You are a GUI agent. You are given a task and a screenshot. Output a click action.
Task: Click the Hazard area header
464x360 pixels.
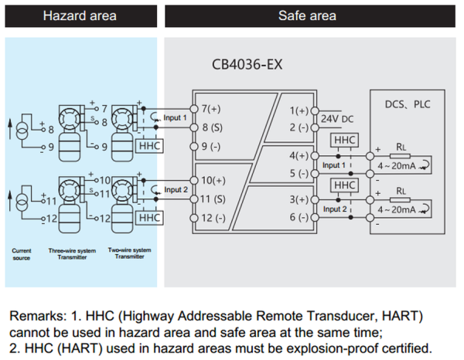point(80,15)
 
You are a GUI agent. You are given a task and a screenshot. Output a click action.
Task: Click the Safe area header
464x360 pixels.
point(307,15)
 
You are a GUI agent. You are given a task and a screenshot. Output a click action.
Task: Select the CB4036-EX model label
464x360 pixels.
point(247,64)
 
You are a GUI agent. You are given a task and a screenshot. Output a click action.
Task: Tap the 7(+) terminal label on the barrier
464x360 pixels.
point(211,109)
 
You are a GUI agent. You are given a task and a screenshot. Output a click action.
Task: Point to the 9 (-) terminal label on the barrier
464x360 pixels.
point(211,147)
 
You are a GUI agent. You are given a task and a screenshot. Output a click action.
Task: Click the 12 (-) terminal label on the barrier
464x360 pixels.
point(213,218)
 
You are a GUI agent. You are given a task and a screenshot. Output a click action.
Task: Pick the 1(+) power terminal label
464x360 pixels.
point(299,110)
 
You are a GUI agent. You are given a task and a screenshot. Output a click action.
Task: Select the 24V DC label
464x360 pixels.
point(337,119)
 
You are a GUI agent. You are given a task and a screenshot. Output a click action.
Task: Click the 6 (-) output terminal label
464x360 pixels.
point(299,217)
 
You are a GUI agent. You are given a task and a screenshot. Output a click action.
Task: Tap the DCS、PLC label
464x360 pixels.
point(408,104)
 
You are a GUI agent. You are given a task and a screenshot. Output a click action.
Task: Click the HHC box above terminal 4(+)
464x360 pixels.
point(344,140)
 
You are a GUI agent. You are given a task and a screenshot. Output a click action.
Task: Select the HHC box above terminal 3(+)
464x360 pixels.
point(344,185)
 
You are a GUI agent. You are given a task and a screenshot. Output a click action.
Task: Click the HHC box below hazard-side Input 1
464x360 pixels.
point(149,146)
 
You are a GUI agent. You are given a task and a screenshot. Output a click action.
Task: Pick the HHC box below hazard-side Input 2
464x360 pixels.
point(149,218)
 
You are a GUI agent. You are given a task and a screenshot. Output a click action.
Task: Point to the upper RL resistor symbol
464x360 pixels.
point(400,156)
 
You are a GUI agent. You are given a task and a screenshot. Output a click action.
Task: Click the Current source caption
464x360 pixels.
point(22,254)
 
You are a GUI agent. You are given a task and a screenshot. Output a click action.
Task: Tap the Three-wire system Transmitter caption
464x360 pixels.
point(72,254)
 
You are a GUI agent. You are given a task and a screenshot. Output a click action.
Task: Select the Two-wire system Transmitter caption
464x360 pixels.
point(130,253)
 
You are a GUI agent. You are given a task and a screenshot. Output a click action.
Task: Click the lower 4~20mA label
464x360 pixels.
point(397,210)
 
